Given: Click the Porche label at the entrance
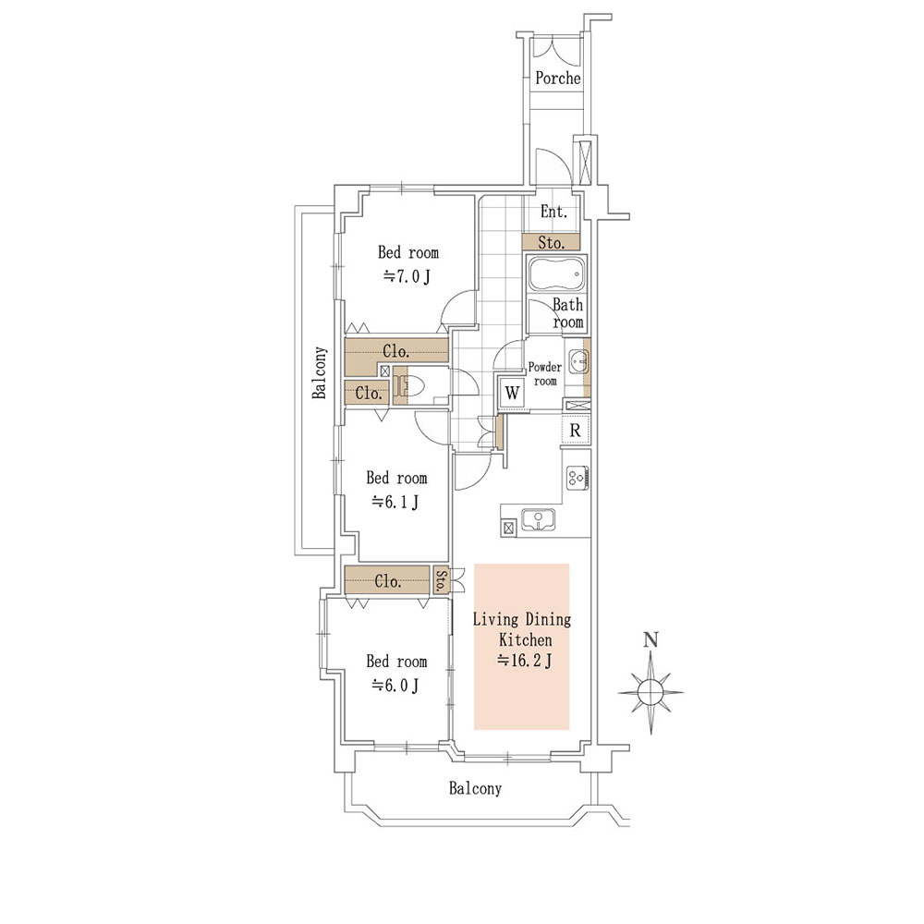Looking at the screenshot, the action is point(557,78).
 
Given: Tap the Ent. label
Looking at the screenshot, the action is point(553,212).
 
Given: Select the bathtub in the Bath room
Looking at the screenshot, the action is point(556,274).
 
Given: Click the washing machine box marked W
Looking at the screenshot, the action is point(512,393).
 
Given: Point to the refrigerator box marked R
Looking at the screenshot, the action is point(575,431).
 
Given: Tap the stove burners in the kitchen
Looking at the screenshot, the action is point(577,478).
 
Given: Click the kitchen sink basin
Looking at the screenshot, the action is point(538,519).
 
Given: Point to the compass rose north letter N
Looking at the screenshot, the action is point(650,640).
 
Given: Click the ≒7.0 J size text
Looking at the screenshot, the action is point(407,275).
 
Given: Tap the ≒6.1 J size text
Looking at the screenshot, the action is point(395,502).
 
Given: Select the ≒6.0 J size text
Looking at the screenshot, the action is point(395,686).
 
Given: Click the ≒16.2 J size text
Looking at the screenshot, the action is point(525,661).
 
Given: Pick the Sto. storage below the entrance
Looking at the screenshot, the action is point(551,242).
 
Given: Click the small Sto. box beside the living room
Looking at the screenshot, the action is point(441,580).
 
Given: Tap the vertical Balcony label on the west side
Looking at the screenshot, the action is point(319,372).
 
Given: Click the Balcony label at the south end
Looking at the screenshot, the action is point(475,788).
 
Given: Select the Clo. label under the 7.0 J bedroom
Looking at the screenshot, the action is point(395,352).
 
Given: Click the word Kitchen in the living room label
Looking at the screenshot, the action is point(526,639).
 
